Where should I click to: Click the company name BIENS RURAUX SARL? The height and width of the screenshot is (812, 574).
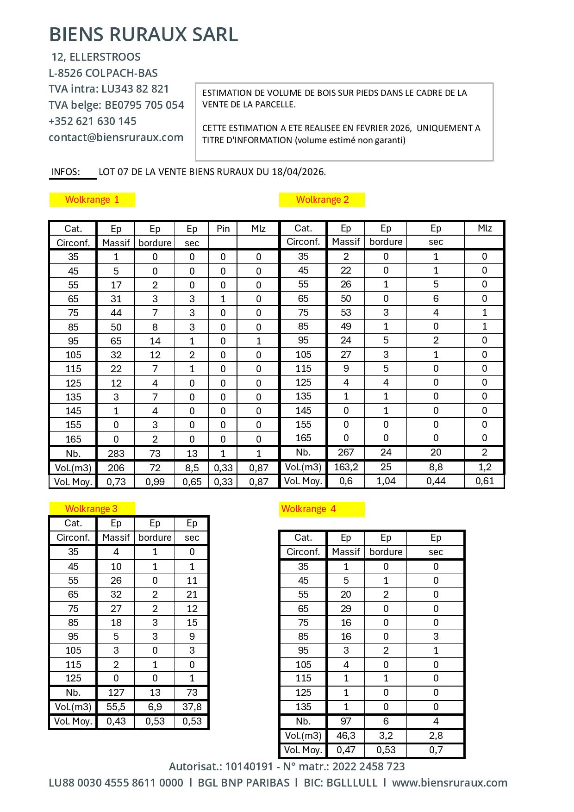pos(143,35)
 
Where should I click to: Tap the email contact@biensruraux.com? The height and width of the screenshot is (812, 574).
pos(116,137)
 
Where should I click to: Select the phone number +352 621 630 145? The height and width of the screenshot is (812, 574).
pos(93,121)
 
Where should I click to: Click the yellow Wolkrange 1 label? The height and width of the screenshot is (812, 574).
pos(92,200)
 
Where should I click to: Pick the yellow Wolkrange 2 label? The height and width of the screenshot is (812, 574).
pos(322,200)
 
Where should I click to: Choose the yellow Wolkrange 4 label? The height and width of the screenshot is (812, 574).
pos(308,509)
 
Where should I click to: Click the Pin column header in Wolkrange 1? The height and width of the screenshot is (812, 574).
pos(223,229)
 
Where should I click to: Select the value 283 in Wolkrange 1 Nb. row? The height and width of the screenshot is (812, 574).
pos(116,454)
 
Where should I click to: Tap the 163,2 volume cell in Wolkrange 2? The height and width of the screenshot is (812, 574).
pos(346,467)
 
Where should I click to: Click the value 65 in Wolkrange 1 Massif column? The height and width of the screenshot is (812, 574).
pos(116,341)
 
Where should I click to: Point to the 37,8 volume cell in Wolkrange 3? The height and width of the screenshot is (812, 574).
pos(192,707)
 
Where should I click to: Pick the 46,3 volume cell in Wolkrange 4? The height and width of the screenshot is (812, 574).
pos(346,736)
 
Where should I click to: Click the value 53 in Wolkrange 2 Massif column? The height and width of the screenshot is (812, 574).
pos(346,312)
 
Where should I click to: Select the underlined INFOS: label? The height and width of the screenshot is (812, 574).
pos(66,172)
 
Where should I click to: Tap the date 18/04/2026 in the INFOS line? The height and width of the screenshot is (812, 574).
pos(298,172)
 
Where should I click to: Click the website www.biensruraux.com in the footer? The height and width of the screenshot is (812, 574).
pos(449,783)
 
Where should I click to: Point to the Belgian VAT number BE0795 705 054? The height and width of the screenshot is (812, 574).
pos(144,105)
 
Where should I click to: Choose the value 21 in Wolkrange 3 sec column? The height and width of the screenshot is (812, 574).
pos(192,594)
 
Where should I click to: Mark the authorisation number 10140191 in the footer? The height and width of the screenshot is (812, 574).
pos(249,767)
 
